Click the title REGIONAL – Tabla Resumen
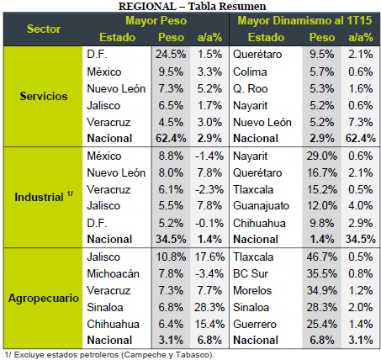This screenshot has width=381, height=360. click(192, 6)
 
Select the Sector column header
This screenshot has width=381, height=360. click(44, 29)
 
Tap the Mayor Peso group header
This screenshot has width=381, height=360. click(156, 20)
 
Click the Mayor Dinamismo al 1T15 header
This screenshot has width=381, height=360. click(304, 20)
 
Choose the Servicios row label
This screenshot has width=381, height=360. click(44, 96)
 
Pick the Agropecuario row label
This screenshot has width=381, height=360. click(44, 298)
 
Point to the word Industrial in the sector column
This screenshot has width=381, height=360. click(39, 197)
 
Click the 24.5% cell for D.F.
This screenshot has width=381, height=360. click(171, 54)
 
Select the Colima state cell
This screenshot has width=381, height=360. click(250, 71)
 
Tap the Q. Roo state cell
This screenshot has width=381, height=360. click(251, 88)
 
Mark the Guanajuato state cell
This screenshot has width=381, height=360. click(261, 206)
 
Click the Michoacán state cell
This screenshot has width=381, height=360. click(113, 273)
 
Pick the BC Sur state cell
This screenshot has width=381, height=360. click(251, 273)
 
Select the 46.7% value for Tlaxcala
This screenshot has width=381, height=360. click(321, 257)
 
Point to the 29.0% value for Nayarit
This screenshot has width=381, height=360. click(321, 156)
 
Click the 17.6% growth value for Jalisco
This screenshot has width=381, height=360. click(209, 257)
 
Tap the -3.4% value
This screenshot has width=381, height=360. click(209, 273)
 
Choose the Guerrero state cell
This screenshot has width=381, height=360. click(255, 324)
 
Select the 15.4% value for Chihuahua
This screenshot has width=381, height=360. click(209, 324)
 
